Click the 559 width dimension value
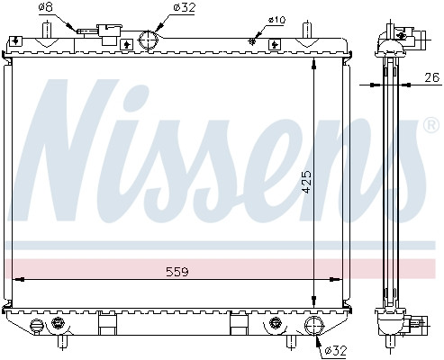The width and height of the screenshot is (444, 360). point(177,272)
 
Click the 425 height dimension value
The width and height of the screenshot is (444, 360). point(307,182)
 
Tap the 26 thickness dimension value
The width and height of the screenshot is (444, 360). point(432,77)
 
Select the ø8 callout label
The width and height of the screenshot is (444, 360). point(46,7)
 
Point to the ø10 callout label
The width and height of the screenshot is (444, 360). point(276,21)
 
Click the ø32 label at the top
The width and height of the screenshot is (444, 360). point(185,7)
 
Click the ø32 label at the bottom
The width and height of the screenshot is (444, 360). point(336,350)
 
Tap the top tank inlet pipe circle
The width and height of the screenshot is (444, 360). point(148,40)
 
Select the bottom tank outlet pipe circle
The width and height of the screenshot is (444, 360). point(314,326)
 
